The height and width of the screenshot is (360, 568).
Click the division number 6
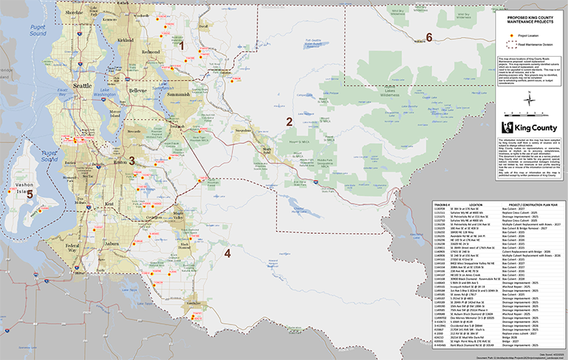429,38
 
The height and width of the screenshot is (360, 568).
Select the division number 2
289,122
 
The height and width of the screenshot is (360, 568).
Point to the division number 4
227,254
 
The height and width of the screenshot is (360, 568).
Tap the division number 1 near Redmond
181,46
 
